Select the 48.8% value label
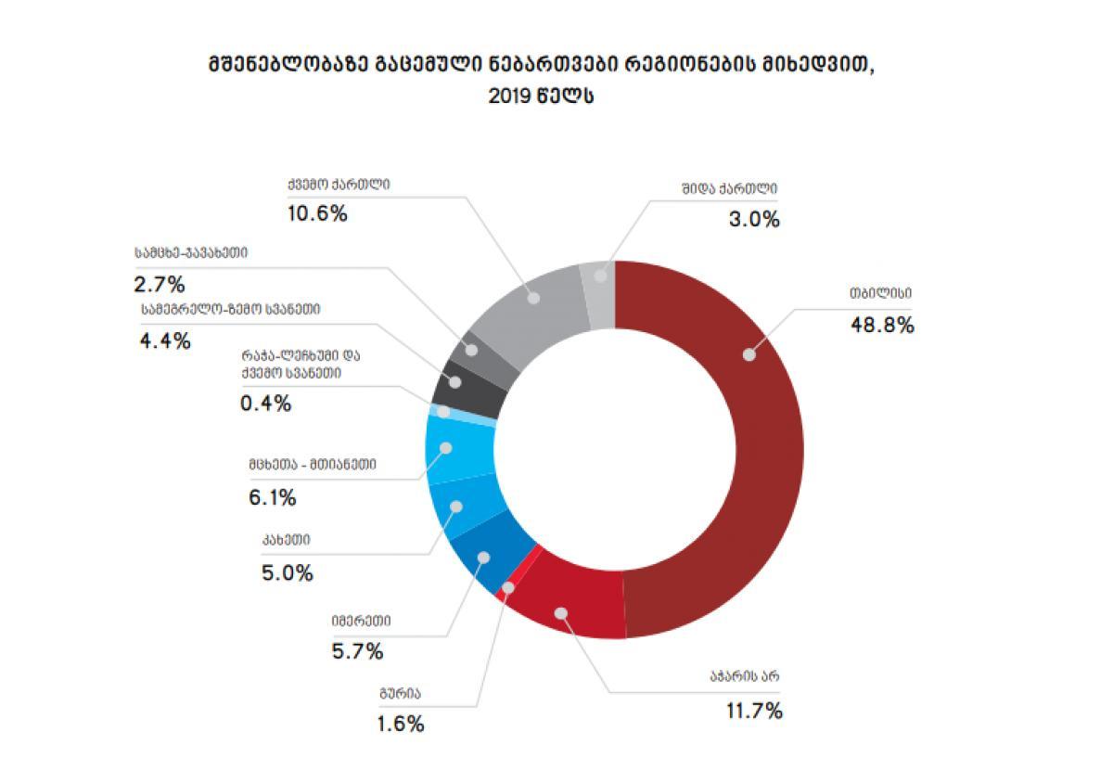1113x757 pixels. (882, 325)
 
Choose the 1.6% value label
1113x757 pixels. (401, 724)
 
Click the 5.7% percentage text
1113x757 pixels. (357, 652)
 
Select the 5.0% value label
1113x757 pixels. (287, 572)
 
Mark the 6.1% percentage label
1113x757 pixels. (272, 497)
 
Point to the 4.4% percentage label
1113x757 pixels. (165, 340)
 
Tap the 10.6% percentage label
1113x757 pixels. (317, 213)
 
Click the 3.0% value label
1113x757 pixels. (753, 220)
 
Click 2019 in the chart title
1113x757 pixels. (509, 96)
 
